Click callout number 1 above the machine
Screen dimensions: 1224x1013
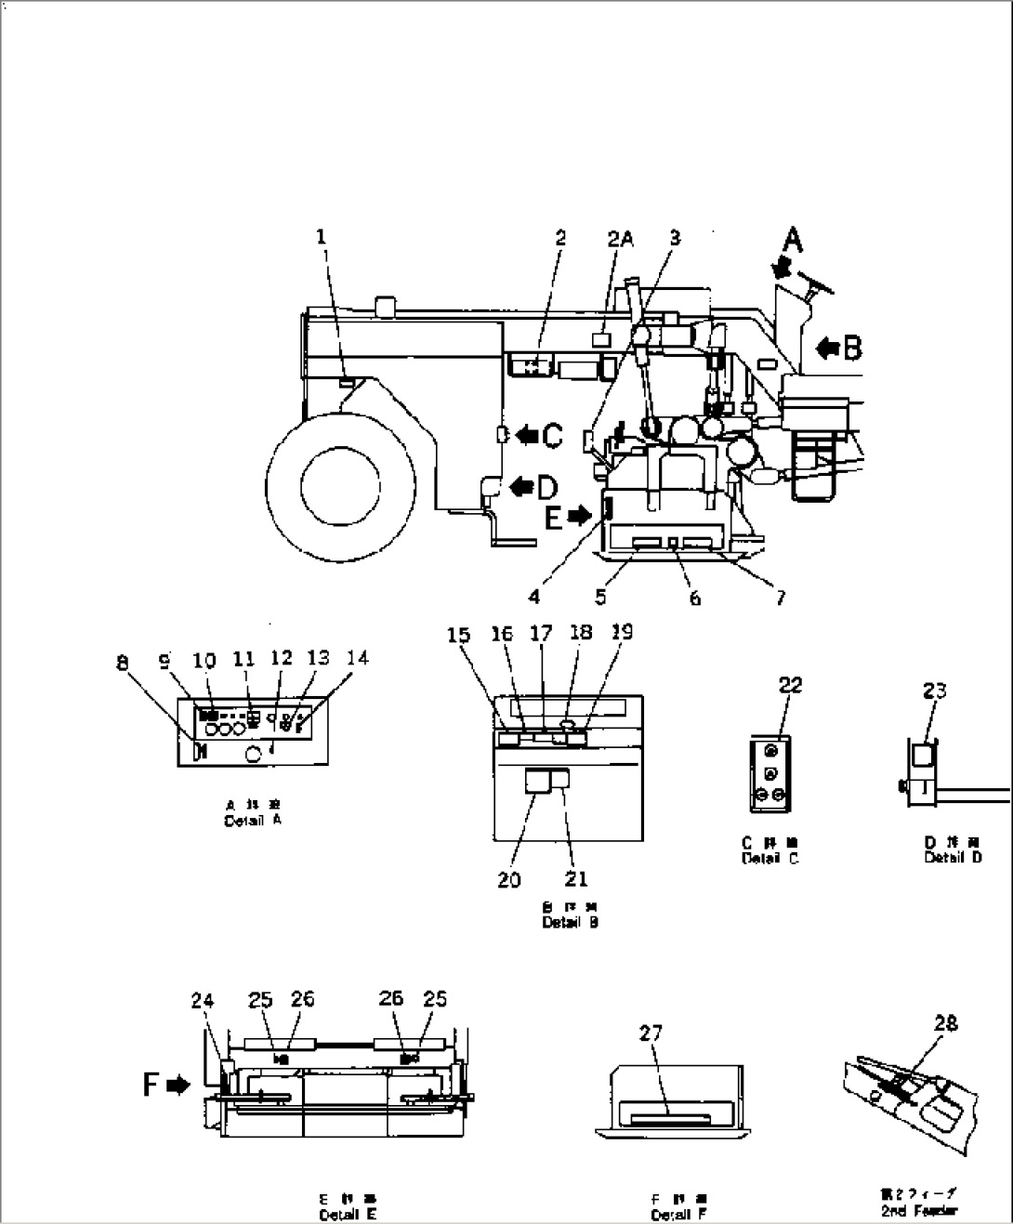322,237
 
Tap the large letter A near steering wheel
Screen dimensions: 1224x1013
791,241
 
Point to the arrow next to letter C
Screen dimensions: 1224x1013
526,433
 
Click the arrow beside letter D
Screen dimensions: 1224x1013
520,485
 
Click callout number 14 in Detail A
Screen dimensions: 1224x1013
358,658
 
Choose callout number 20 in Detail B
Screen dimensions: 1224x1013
508,879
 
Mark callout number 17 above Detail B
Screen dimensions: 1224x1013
541,634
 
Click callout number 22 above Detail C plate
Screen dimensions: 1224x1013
790,686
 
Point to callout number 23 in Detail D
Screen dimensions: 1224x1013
935,691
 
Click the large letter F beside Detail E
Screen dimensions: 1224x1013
151,1084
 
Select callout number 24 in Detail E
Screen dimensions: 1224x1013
203,1000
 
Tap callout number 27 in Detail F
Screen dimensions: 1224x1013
651,1033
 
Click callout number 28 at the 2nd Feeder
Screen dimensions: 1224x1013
946,1023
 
